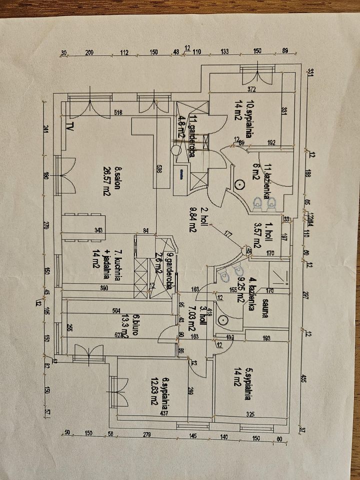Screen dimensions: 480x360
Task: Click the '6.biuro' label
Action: click(x=136, y=322)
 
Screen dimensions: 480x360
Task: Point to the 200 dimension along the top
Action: click(x=88, y=52)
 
